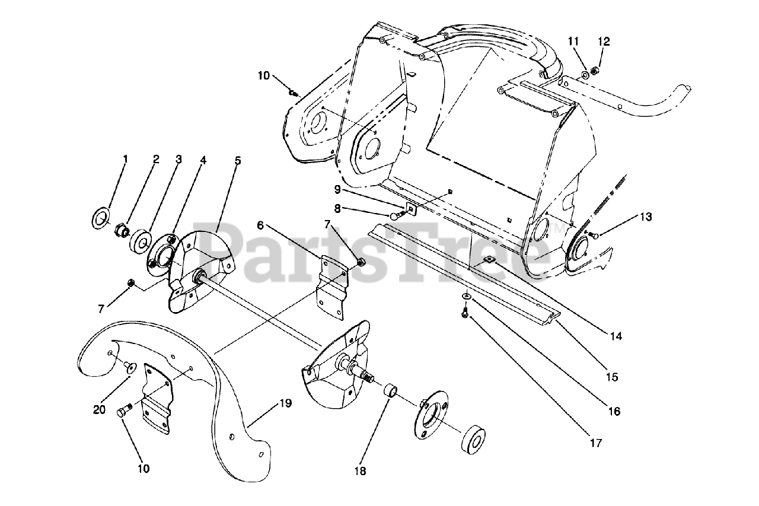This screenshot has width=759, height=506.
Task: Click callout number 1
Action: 125,159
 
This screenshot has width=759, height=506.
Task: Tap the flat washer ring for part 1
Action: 100,218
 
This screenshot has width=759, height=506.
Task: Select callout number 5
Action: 237,161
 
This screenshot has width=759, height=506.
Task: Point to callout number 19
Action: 285,404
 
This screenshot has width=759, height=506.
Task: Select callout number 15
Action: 612,376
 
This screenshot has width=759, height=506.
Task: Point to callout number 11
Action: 573,41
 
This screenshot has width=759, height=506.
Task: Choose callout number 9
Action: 336,190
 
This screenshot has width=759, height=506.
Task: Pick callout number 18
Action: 359,472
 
